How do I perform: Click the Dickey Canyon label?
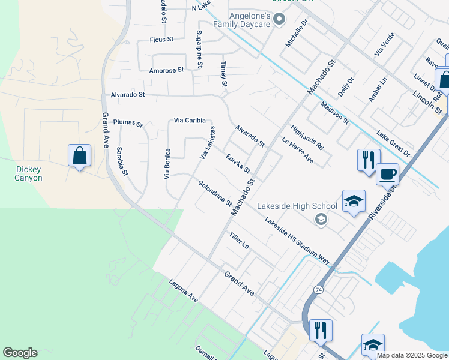[x=29, y=173]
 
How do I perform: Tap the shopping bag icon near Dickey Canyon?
[x=79, y=156]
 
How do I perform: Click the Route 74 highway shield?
[x=318, y=290]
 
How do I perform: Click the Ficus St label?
[x=161, y=40]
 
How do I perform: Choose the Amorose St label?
[x=166, y=70]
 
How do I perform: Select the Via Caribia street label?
[x=190, y=121]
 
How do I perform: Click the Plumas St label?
[x=128, y=123]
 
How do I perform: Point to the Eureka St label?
[x=238, y=163]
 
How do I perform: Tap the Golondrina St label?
[x=215, y=193]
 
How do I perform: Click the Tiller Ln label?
[x=238, y=241]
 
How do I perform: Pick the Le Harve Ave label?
[x=298, y=150]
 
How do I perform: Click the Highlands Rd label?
[x=307, y=137]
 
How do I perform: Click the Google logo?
[x=20, y=353]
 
